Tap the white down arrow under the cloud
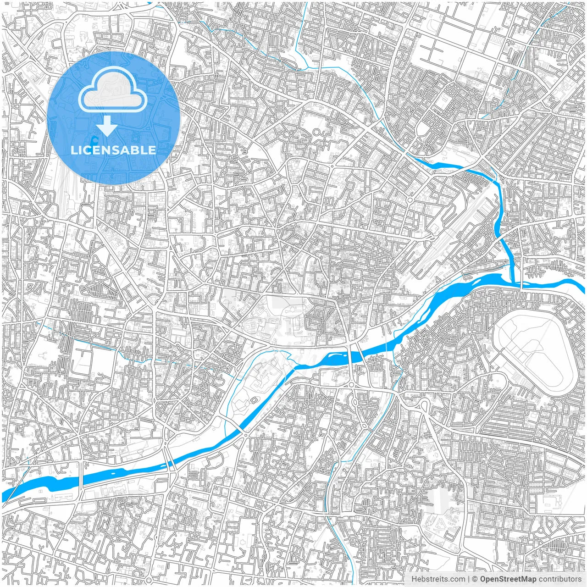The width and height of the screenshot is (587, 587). click(x=107, y=126)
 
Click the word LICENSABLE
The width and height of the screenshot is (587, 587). click(x=113, y=150)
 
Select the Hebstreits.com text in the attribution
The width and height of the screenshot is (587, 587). click(x=438, y=579)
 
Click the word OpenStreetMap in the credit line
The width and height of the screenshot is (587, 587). click(x=508, y=579)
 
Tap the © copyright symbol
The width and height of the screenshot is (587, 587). click(x=475, y=579)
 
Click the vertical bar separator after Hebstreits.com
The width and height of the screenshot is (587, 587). click(x=468, y=579)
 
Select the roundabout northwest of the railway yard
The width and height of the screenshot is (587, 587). click(x=409, y=200)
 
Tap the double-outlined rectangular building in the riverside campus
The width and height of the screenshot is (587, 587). click(x=252, y=327)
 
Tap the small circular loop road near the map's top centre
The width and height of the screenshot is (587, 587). click(x=316, y=133)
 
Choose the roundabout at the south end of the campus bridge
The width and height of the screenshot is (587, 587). click(x=246, y=435)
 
